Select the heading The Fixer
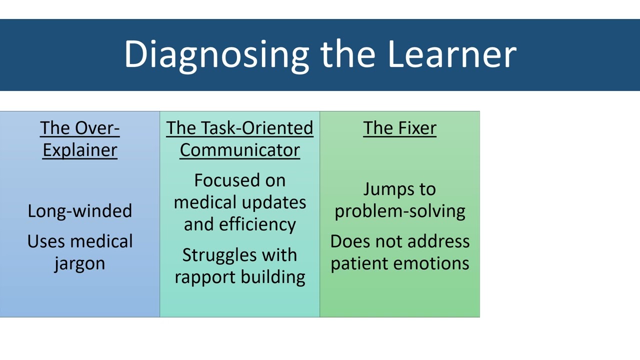pos(399,128)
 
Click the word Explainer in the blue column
pos(80,150)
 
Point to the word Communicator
pos(240,150)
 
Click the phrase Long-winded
pos(80,211)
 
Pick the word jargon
pos(80,263)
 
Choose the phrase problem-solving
pos(399,211)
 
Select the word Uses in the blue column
pos(45,241)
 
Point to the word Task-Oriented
pos(257,128)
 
